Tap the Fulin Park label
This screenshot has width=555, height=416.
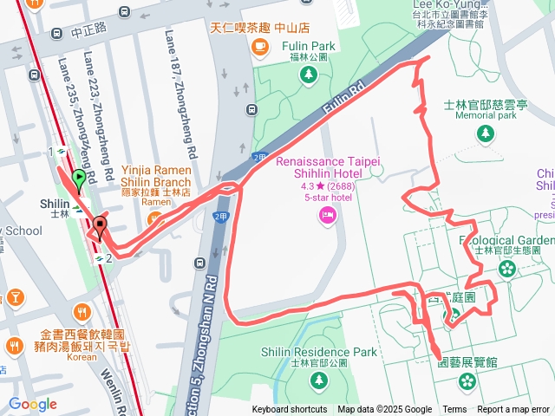point(308,46)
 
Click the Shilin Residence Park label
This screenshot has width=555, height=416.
point(319,352)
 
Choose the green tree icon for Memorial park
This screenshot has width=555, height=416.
point(486,134)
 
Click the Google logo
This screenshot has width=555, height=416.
point(33,405)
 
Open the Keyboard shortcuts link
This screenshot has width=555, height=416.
point(290,410)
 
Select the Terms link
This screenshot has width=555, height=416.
point(454,410)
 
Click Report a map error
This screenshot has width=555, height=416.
point(513,410)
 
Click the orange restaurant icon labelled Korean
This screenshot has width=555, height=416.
point(82,312)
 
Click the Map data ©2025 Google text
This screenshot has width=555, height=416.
point(384,410)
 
